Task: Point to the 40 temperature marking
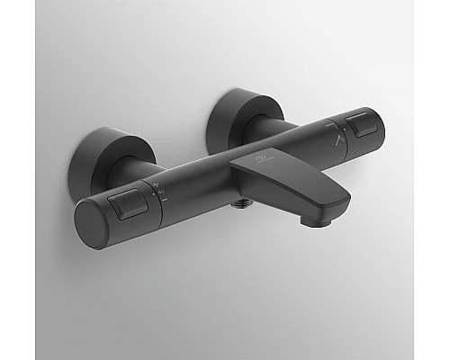click(160, 192)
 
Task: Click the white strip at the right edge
click(444, 180)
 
